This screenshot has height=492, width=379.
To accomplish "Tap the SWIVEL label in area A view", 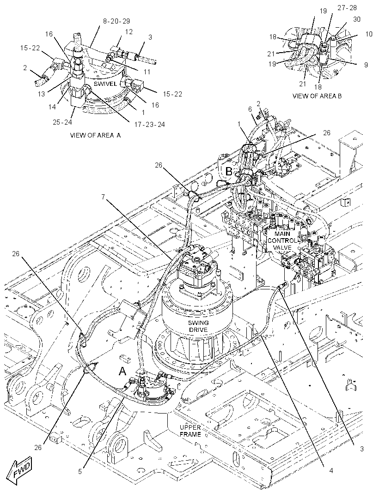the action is (105, 84).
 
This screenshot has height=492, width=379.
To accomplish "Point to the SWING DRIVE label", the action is (198, 326).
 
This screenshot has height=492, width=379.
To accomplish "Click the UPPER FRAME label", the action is (190, 431).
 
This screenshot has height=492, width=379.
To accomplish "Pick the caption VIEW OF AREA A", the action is (95, 136).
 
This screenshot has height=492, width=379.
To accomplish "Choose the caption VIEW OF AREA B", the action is (317, 96).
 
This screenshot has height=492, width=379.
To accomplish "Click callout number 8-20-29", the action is (116, 21).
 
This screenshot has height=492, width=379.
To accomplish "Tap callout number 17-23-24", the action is (150, 125).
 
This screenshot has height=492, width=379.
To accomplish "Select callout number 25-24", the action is (62, 122).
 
